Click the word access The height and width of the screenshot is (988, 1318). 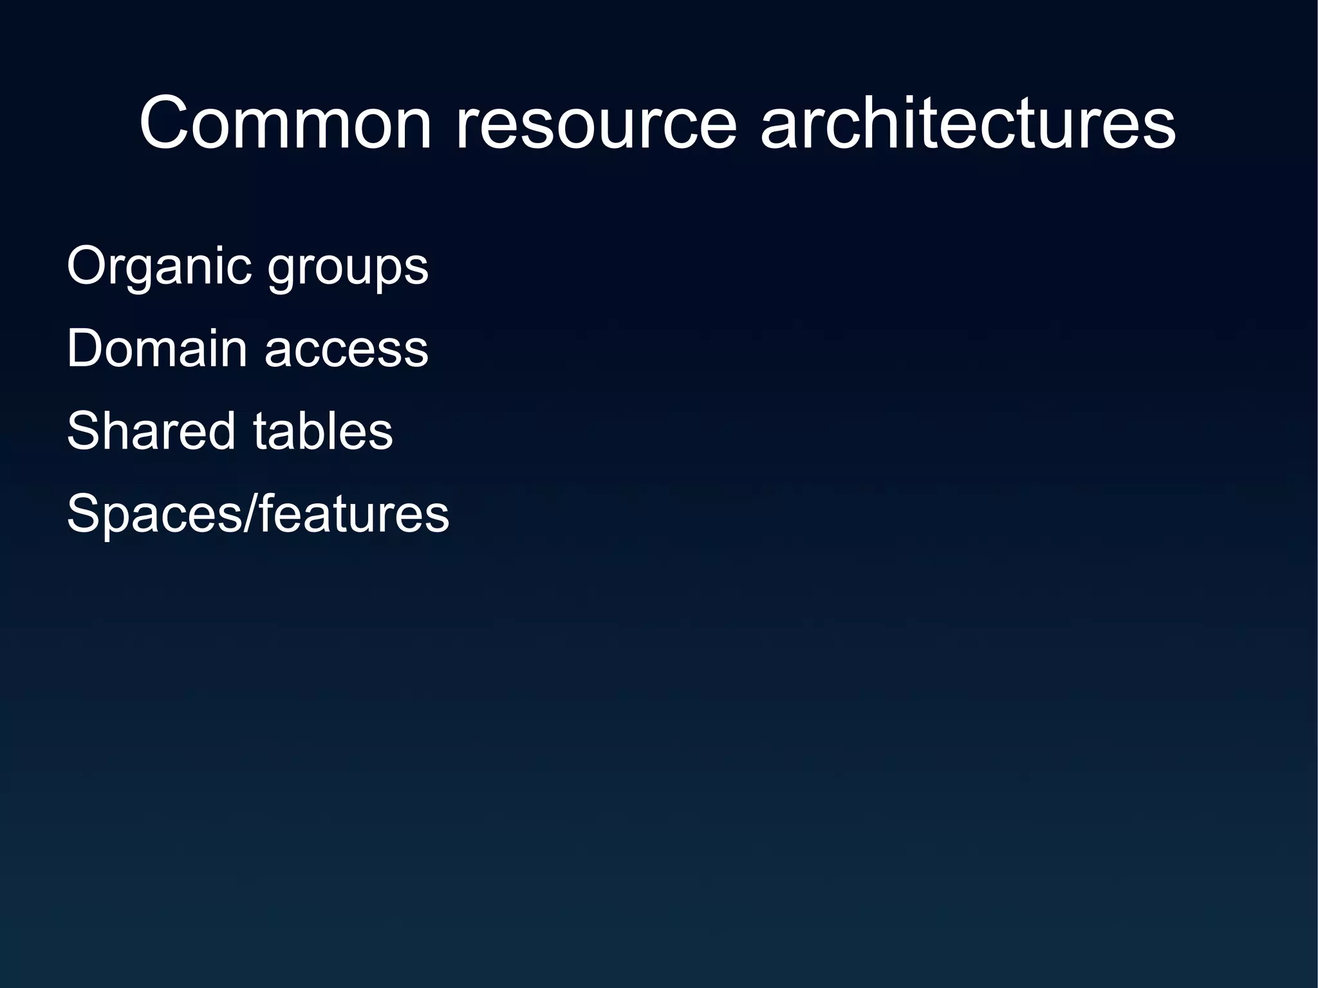[x=346, y=350]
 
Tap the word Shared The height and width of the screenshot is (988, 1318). [x=151, y=431]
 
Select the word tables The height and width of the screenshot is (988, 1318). [x=322, y=431]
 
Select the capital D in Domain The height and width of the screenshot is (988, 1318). [x=86, y=349]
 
